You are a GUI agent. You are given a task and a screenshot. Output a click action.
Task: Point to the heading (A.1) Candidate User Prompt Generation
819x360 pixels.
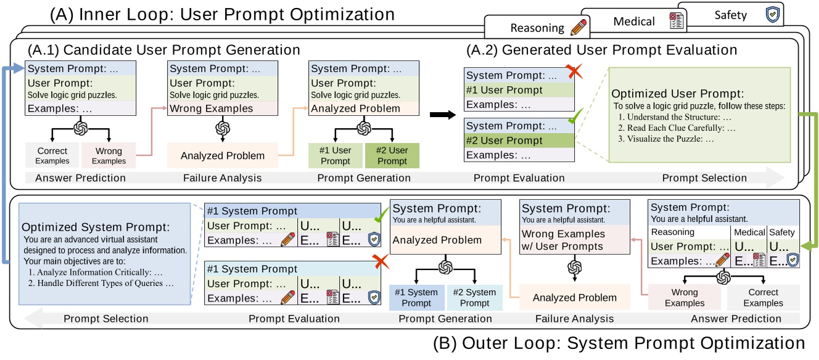click(x=163, y=51)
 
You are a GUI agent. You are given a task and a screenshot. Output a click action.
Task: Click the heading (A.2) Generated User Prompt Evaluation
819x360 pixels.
click(x=601, y=51)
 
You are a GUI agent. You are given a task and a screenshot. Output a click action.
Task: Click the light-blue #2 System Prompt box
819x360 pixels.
click(x=475, y=298)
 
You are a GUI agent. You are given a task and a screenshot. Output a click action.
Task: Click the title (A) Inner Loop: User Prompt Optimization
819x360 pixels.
click(x=222, y=14)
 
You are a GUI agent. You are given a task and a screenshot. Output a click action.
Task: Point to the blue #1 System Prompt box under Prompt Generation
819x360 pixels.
click(x=418, y=298)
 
